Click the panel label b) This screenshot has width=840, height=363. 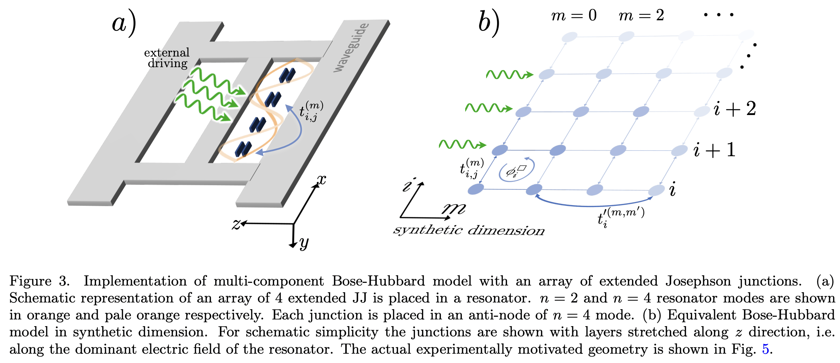(488, 23)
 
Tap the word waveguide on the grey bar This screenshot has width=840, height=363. (351, 48)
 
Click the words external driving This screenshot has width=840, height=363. (167, 58)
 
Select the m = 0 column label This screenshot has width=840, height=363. (574, 15)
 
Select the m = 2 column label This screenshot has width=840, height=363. (641, 15)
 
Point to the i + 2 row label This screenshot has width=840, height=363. (734, 109)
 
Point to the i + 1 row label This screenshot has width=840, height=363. (714, 150)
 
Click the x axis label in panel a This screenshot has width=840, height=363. (321, 180)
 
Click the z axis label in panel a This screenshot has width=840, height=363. (236, 224)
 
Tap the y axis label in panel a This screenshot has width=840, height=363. (304, 243)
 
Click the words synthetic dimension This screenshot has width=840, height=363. (469, 230)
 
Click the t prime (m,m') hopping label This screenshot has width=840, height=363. (620, 217)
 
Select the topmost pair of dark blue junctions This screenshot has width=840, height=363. (287, 75)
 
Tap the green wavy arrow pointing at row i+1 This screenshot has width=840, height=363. (462, 144)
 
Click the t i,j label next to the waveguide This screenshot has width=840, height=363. (311, 111)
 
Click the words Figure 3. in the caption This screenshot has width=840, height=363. (39, 281)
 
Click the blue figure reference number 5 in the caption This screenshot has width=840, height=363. (765, 349)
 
